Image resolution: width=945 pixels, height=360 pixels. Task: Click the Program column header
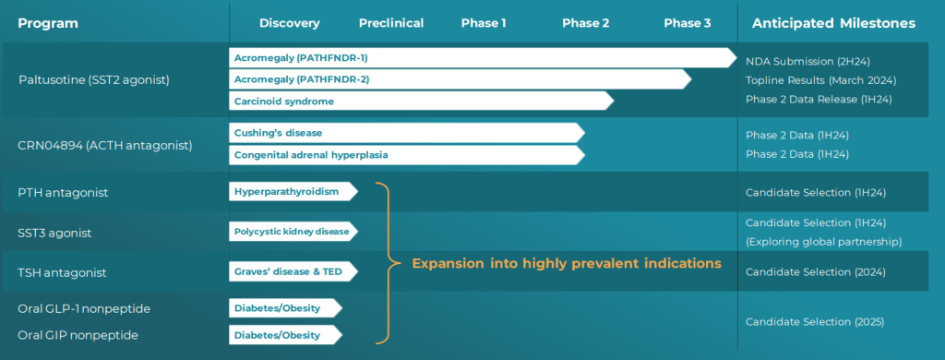tap(48, 23)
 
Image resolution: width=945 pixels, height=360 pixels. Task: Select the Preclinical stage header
tap(391, 23)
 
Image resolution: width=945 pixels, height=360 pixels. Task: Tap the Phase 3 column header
tap(687, 23)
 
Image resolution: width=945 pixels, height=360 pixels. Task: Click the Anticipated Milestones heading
tap(833, 23)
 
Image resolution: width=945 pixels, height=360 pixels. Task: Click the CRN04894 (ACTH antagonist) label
tap(105, 145)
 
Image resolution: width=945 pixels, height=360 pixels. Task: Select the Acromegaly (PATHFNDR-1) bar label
tap(301, 58)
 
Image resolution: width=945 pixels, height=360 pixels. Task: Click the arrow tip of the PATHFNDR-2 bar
tap(690, 79)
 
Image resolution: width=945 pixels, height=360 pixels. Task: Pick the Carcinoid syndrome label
tap(284, 102)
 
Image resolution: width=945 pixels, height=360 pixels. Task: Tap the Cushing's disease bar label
tap(279, 133)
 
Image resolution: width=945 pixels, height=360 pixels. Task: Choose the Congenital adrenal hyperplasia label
tap(311, 155)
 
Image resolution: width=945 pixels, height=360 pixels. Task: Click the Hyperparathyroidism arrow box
tap(293, 192)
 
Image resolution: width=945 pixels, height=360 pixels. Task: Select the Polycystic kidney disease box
tap(293, 232)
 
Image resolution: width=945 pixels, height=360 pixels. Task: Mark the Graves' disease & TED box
tap(293, 271)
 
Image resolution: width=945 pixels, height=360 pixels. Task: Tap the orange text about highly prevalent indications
tap(567, 263)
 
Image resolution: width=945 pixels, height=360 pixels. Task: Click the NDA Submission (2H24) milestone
tap(807, 62)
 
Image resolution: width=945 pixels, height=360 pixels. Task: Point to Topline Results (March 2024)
tap(820, 81)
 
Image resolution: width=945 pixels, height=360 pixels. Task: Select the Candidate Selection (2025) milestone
tap(815, 322)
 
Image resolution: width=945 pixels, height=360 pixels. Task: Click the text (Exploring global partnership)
tap(823, 242)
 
